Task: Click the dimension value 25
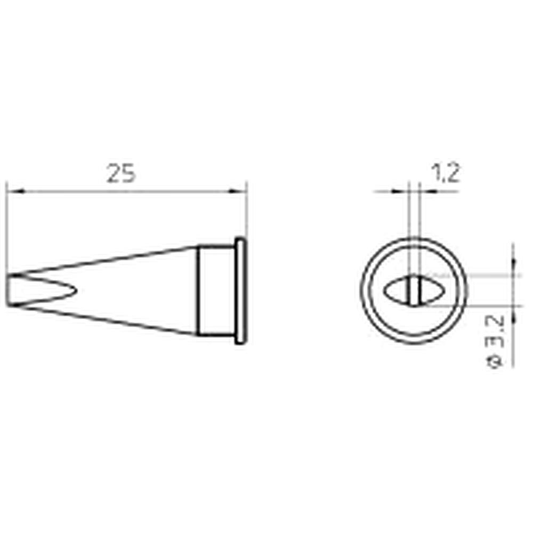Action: click(121, 174)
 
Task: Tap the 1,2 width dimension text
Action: click(445, 174)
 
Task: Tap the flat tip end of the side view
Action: click(9, 290)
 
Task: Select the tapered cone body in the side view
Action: click(133, 290)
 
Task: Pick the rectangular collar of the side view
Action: click(215, 290)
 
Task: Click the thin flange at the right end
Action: click(240, 290)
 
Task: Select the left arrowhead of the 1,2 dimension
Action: click(402, 191)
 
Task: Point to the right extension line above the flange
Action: click(247, 213)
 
